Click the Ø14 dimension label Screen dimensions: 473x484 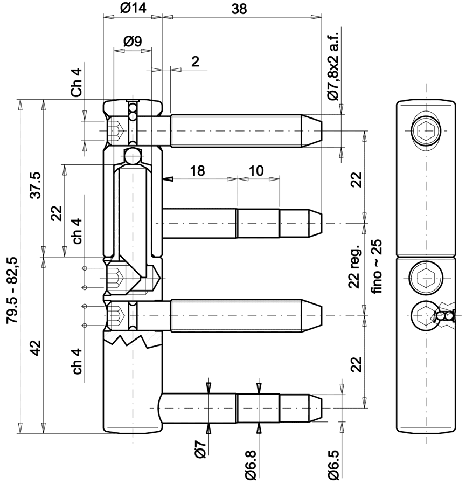tap(133, 8)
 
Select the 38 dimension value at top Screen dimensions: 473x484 tap(239, 9)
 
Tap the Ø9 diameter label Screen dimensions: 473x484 tap(133, 41)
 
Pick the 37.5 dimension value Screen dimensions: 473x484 tap(36, 185)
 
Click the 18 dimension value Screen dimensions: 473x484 tap(197, 171)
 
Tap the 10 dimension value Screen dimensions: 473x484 tap(256, 171)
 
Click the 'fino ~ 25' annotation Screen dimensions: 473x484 tap(377, 266)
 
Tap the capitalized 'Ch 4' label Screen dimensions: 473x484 tap(77, 82)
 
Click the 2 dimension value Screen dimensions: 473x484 tap(196, 62)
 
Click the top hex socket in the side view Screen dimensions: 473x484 tap(427, 131)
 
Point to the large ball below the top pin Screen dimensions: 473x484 tap(133, 156)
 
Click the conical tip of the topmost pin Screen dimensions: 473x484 tap(312, 131)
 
